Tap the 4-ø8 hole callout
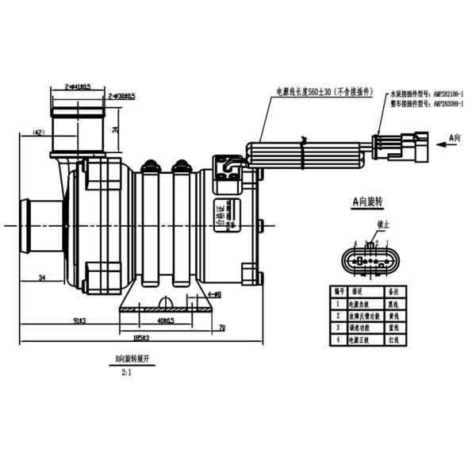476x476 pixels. [213, 294]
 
